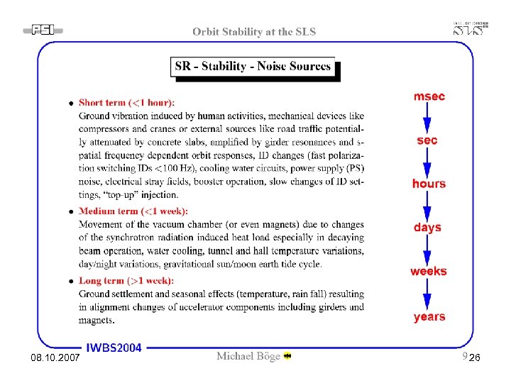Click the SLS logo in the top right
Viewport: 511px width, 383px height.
[x=471, y=28]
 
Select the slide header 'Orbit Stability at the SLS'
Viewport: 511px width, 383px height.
[x=254, y=31]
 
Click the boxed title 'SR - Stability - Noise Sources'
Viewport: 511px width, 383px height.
[x=253, y=67]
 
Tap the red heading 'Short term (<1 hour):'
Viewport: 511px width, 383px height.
[x=126, y=103]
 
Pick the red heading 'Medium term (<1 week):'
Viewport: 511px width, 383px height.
[x=133, y=211]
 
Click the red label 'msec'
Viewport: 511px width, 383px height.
[x=429, y=96]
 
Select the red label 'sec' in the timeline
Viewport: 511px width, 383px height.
[x=427, y=140]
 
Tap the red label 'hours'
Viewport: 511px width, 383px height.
[x=429, y=184]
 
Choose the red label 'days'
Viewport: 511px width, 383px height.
[x=427, y=228]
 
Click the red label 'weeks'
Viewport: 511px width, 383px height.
[x=429, y=272]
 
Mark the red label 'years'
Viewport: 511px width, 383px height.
[x=429, y=317]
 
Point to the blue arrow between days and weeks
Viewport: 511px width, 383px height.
[x=427, y=250]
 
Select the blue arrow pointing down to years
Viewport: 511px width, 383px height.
[x=427, y=294]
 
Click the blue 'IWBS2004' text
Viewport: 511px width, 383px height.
[x=114, y=348]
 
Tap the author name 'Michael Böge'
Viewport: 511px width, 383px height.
[x=248, y=356]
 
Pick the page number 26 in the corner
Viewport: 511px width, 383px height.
[x=475, y=361]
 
